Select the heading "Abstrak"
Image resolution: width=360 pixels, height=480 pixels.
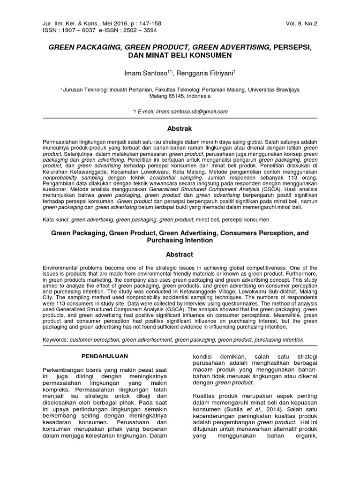coord(180,128)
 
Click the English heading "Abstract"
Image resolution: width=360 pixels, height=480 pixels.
coord(180,255)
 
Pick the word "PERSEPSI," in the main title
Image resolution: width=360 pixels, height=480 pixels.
coord(289,47)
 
